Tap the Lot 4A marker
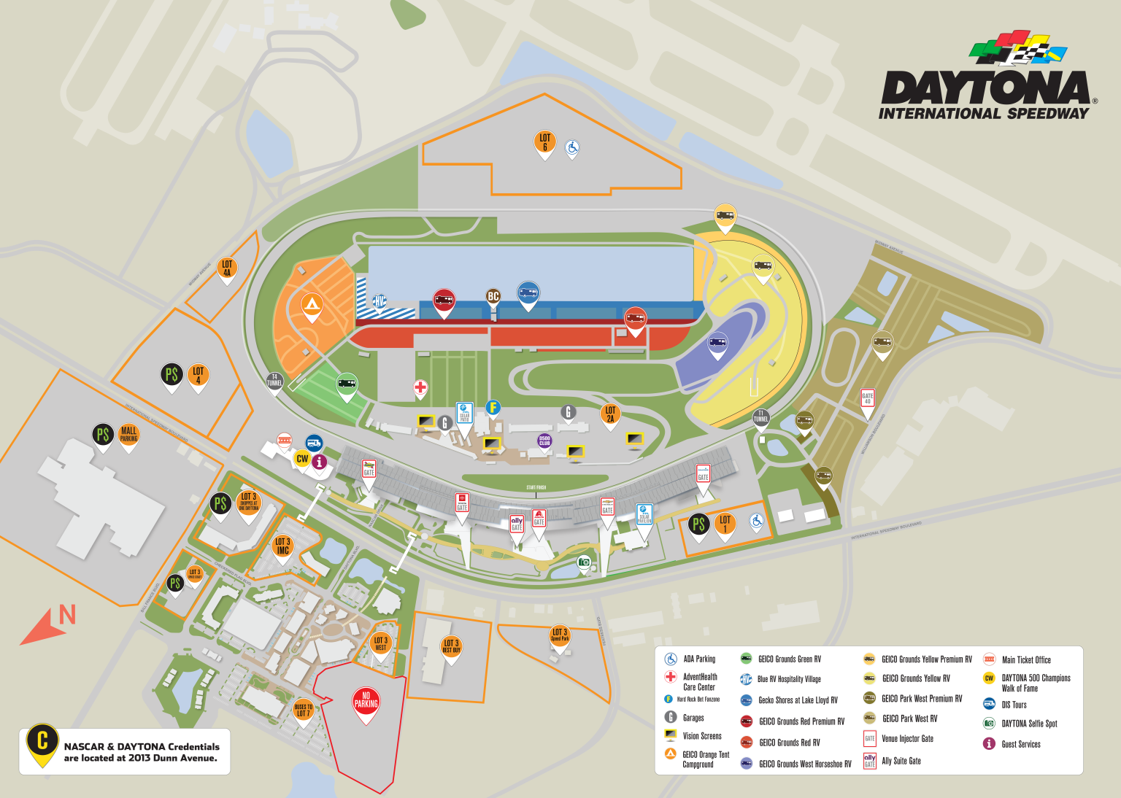coord(227,269)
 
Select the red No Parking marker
coord(366,701)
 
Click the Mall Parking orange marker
coord(129,435)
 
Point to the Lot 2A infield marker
coord(610,415)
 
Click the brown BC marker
coord(493,297)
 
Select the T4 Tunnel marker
coord(274,381)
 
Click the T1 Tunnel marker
coord(761,418)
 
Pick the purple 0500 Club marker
coord(544,441)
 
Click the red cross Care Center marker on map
coord(420,387)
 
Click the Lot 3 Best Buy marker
coord(451,647)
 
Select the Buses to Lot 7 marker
coord(303,710)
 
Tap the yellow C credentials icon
coord(42,743)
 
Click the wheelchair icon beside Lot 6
coord(572,148)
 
